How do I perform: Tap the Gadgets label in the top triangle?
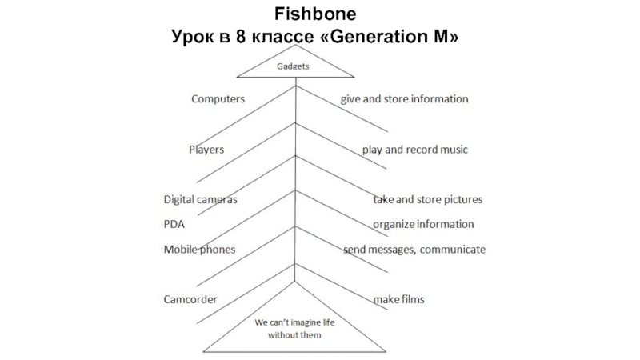(294, 66)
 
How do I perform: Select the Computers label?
(218, 99)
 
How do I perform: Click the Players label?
(206, 150)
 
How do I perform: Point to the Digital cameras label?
(200, 198)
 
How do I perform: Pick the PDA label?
(174, 224)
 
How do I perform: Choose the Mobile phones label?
(199, 250)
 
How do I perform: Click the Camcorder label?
(190, 300)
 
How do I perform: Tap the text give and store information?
(404, 99)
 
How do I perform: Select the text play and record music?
(414, 150)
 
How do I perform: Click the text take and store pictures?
(427, 198)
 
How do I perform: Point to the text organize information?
(423, 224)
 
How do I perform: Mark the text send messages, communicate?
(414, 250)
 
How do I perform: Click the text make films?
(398, 300)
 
